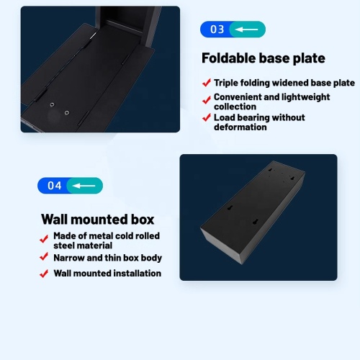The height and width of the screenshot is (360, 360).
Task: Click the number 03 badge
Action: (233, 30)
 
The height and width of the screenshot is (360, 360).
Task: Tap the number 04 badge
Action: (70, 186)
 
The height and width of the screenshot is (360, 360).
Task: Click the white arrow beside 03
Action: (246, 30)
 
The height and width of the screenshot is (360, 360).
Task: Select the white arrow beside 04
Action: (84, 186)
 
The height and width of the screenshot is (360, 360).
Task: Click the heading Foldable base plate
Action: (264, 58)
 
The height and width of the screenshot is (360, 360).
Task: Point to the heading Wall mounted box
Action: (98, 220)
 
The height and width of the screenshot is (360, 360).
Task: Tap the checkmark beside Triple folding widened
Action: (207, 83)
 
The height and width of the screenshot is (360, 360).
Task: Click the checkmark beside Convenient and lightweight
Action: (207, 100)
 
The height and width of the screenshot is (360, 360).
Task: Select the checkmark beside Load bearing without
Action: (207, 117)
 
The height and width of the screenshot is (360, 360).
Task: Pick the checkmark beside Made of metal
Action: (44, 238)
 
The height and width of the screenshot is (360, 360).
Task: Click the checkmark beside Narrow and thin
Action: (44, 256)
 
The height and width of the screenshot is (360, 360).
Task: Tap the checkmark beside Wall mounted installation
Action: (44, 274)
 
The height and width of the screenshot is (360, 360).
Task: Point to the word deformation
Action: (240, 127)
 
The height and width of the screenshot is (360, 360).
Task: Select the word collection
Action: (235, 107)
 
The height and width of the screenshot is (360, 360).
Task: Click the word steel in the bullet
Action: (63, 246)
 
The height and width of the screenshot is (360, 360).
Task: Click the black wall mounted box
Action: (253, 212)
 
